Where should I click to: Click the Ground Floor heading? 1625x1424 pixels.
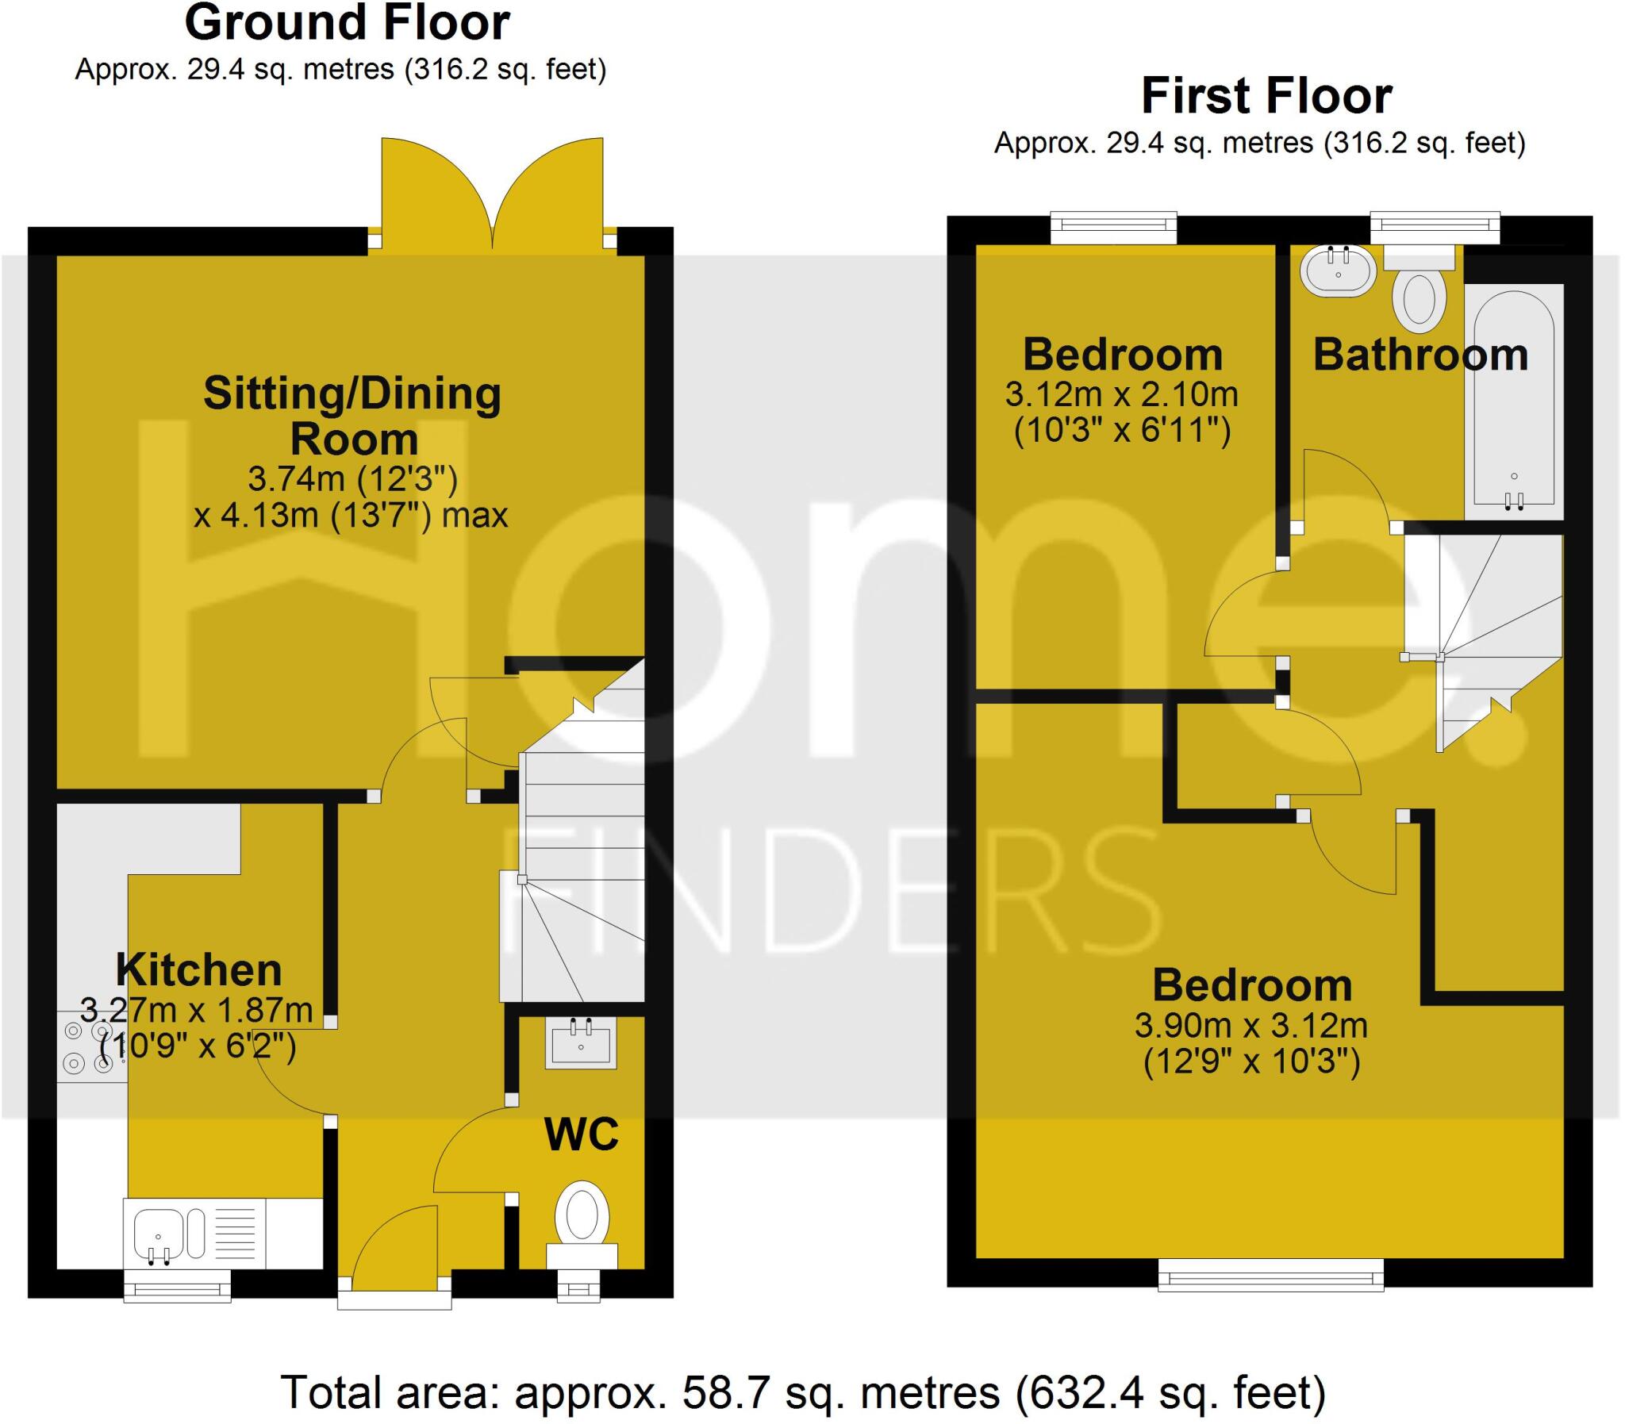[347, 24]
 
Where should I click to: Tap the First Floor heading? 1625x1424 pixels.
[1266, 96]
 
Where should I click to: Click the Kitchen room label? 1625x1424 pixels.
[198, 969]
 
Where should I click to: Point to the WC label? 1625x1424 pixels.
[582, 1134]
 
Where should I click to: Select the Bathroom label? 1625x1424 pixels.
[1420, 355]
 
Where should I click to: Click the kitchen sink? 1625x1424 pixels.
[159, 1236]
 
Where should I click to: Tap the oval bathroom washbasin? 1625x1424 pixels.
[1338, 271]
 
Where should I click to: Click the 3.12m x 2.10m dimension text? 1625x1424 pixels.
[1121, 394]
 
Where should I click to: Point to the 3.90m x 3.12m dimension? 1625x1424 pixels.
[1250, 1026]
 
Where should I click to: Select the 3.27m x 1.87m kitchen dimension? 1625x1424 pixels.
[197, 1011]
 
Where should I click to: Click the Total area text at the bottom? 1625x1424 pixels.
[802, 1392]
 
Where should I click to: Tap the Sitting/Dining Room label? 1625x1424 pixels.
[352, 416]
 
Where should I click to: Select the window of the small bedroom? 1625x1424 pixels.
[1112, 227]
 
